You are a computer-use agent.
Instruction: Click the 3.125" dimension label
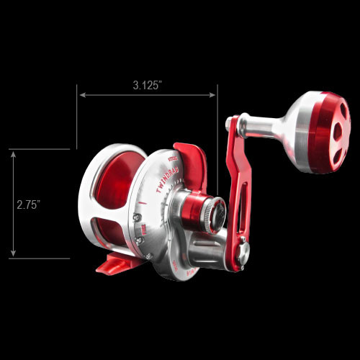[x=147, y=85]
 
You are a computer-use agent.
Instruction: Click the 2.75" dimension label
[x=28, y=204]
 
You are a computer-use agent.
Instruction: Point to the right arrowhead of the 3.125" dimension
[x=213, y=94]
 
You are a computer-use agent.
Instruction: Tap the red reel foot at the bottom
[x=115, y=264]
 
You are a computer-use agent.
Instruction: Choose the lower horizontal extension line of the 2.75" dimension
[x=40, y=258]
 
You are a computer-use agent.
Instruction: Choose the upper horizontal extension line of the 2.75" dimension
[x=40, y=149]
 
